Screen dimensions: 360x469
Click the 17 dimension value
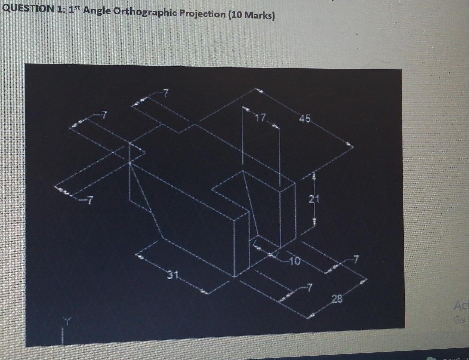261,118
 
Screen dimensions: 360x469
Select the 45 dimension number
304,118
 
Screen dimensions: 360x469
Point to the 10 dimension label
294,260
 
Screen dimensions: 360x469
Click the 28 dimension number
337,299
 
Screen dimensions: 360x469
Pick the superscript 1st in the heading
74,10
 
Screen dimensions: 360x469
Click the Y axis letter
68,321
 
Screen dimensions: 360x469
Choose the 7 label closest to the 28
310,287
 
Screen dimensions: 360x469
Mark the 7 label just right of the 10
356,258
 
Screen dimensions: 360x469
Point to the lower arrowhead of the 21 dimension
314,222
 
